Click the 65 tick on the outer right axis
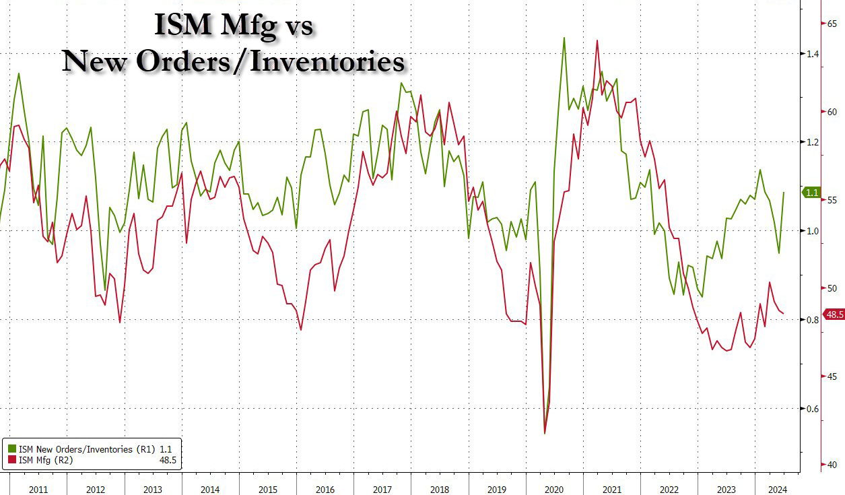click(x=832, y=24)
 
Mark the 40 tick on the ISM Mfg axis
click(x=832, y=465)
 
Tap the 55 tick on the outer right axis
click(x=832, y=201)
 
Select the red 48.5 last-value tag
click(x=834, y=315)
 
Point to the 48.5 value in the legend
click(x=167, y=461)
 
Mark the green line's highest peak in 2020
click(x=564, y=38)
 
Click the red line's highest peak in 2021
click(x=597, y=40)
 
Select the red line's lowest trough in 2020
click(x=545, y=433)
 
